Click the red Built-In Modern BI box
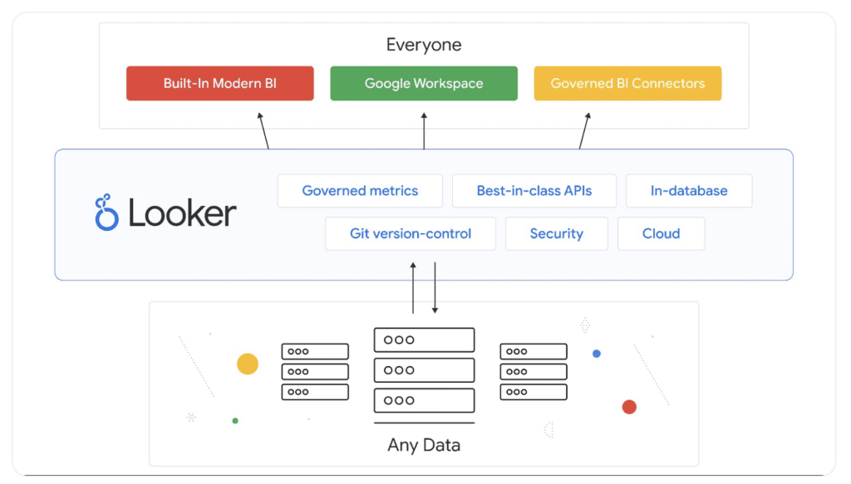coord(219,84)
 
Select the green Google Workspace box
coord(424,84)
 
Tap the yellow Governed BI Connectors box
coord(627,84)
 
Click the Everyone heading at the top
coord(424,45)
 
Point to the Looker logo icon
coord(106,213)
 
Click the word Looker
coord(182,213)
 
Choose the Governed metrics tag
coord(360,191)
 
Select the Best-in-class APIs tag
coord(534,191)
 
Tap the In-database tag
coord(689,191)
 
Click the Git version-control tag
coord(411,234)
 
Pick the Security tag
coord(557,234)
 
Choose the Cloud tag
coord(662,234)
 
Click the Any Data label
coord(424,445)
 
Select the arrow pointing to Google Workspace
coord(424,133)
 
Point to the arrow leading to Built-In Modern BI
coord(264,133)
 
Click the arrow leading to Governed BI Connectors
coord(584,133)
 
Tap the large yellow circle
coord(248,364)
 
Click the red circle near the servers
coord(629,407)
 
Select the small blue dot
coord(597,354)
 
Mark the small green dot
coord(235,421)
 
